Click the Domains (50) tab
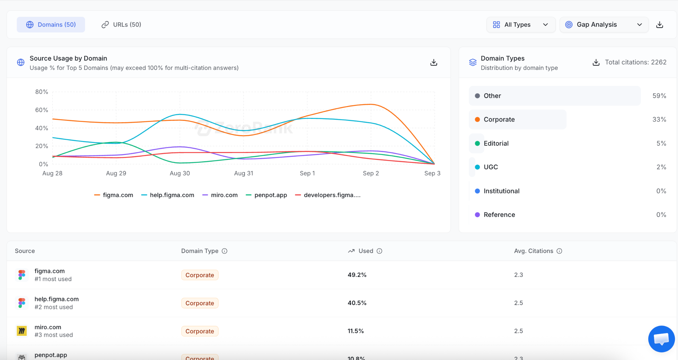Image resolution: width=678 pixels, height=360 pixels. click(x=51, y=25)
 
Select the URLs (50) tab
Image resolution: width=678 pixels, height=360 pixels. click(x=121, y=25)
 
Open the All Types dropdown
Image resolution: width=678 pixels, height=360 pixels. click(x=521, y=25)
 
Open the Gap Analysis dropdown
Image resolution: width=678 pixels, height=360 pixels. click(x=604, y=25)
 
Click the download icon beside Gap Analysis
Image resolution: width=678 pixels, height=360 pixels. click(x=660, y=25)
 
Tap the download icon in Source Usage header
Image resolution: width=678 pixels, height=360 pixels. click(x=434, y=62)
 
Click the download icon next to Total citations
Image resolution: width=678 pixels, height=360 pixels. click(x=596, y=62)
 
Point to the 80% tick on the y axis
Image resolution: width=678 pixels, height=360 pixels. click(x=42, y=92)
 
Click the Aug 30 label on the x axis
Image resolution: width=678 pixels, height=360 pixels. click(x=180, y=173)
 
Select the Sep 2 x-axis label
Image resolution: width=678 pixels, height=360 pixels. click(x=371, y=173)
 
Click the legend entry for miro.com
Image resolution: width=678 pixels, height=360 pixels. click(x=220, y=195)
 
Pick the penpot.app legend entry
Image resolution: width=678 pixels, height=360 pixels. click(x=266, y=195)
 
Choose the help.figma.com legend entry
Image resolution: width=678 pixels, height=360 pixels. click(x=168, y=195)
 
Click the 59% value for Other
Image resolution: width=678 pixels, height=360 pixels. click(x=659, y=96)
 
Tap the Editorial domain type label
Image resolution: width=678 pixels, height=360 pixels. click(x=496, y=143)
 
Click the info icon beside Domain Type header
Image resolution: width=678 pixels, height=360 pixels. click(x=224, y=251)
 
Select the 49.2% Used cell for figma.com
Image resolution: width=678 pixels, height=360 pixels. click(x=357, y=275)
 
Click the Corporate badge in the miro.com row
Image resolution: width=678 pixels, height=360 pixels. click(x=200, y=331)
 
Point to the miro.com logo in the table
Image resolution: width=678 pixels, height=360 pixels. click(x=22, y=331)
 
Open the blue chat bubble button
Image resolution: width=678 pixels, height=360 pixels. click(x=661, y=339)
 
